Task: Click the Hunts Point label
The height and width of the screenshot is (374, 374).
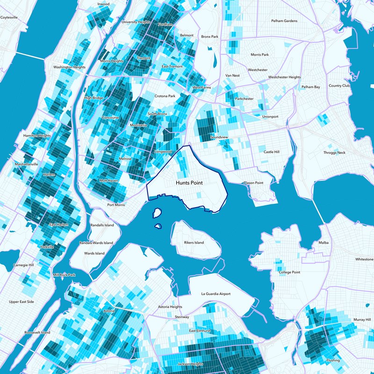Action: [189, 183]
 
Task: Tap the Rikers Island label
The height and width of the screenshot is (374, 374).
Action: [194, 243]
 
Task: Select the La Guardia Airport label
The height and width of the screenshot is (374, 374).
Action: [216, 294]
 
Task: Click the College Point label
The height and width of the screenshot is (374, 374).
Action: [289, 272]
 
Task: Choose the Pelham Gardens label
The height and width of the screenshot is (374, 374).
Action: [284, 21]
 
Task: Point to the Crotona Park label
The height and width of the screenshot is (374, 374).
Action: [165, 96]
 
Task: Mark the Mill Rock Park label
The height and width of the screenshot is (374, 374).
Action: [64, 275]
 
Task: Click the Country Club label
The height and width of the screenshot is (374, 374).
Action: [339, 86]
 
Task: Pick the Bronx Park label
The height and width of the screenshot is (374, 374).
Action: [210, 36]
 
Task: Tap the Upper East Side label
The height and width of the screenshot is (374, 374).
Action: [22, 302]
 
